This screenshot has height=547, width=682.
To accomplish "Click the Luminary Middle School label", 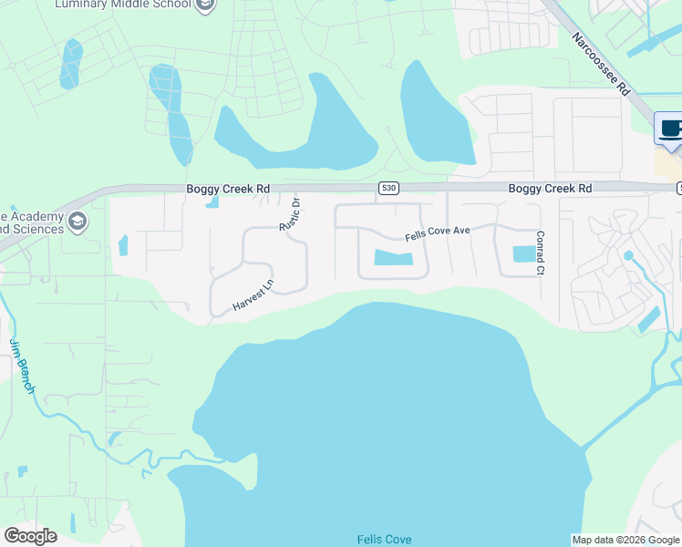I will (123, 5).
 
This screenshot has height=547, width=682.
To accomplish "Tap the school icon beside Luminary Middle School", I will (206, 5).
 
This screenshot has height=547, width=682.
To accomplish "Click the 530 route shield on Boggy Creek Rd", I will (389, 188).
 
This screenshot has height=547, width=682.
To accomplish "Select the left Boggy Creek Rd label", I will (229, 189).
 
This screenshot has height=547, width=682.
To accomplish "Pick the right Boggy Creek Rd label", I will (550, 189).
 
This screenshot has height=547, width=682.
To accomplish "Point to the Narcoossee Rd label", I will (601, 64).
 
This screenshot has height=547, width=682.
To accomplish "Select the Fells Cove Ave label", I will (438, 232).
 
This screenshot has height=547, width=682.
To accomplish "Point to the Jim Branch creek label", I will (21, 366).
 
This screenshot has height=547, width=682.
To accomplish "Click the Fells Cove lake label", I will (384, 540).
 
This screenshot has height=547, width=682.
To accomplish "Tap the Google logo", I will (30, 536).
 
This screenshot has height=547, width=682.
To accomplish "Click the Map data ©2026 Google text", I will (625, 540).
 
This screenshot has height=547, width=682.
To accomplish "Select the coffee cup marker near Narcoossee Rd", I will (670, 130).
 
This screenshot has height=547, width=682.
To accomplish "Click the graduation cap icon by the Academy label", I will (78, 221).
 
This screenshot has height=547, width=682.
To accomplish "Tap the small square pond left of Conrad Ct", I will (523, 254).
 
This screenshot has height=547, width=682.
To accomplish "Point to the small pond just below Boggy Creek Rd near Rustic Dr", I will (212, 201).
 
